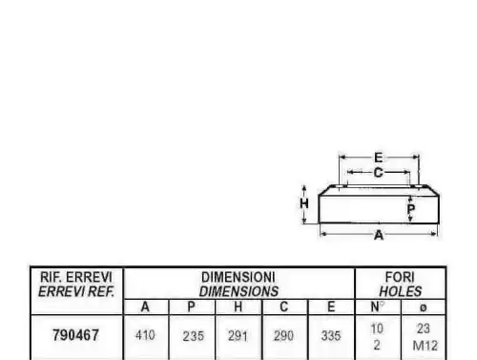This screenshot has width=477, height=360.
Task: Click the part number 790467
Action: (x=75, y=335)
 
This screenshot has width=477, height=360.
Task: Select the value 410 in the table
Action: (x=145, y=335)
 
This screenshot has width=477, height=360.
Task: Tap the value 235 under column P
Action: (x=193, y=336)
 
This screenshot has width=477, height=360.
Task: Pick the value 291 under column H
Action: (x=238, y=336)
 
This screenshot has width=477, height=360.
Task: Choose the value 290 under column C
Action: (x=283, y=336)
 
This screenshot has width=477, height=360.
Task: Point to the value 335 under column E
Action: (x=331, y=336)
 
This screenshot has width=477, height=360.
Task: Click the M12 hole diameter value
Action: (x=425, y=346)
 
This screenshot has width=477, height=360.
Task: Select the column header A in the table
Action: (x=145, y=307)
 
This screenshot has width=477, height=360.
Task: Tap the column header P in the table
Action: (x=191, y=307)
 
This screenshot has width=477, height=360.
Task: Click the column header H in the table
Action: (x=238, y=307)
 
